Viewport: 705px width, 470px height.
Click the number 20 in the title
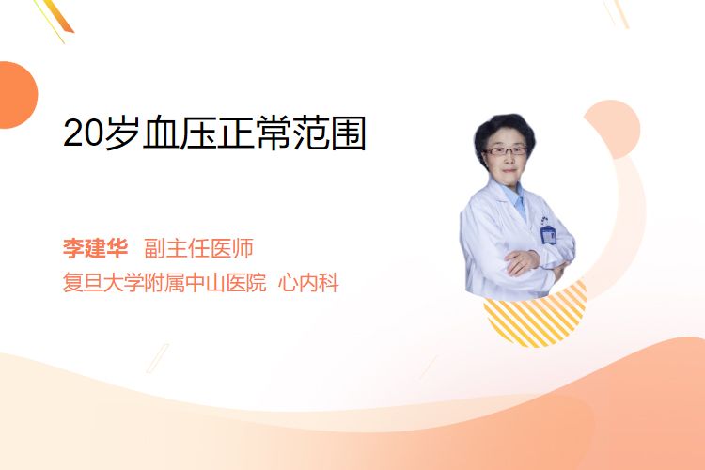click(x=84, y=133)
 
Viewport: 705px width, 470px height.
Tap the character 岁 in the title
click(x=122, y=133)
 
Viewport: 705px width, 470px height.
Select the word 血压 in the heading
click(x=179, y=133)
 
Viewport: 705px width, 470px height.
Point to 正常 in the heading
click(x=254, y=133)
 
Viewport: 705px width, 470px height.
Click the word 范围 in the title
click(x=329, y=133)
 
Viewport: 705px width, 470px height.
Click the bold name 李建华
click(x=95, y=248)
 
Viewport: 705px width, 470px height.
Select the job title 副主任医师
click(x=198, y=248)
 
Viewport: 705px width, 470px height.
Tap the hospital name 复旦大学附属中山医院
click(x=164, y=283)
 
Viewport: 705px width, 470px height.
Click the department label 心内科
click(x=308, y=283)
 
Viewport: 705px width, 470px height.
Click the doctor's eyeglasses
click(x=505, y=151)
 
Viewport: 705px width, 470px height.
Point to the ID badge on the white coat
click(x=548, y=234)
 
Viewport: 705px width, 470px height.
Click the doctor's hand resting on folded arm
click(x=522, y=262)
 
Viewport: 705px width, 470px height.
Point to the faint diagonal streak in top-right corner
click(x=616, y=13)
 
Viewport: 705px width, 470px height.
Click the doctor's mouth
click(x=509, y=170)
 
